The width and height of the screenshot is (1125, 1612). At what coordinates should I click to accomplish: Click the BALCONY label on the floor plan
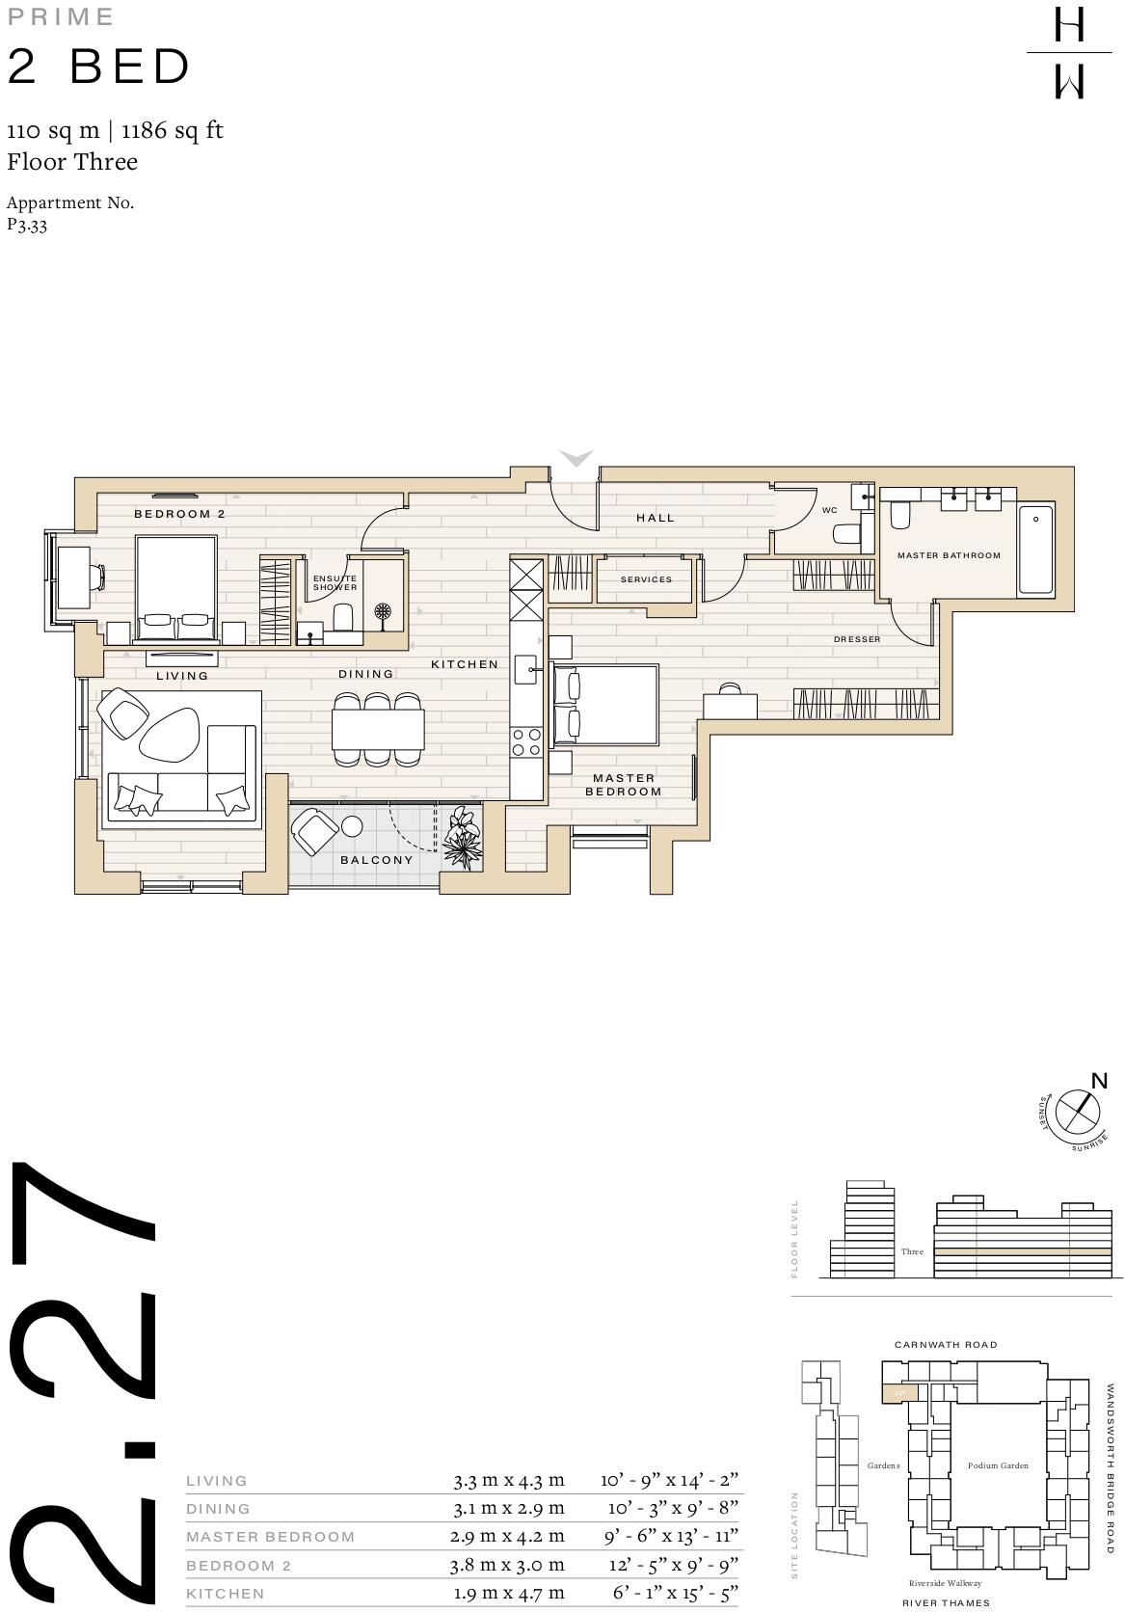point(376,860)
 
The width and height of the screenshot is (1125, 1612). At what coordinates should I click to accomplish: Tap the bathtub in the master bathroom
point(1036,549)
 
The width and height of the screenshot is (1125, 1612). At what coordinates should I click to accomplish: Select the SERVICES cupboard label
point(646,579)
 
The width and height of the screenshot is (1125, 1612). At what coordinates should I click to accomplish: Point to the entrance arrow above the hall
point(576,458)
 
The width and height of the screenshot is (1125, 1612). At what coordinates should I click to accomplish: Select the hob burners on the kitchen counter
point(526,742)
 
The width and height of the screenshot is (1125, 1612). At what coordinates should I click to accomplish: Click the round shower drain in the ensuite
point(384,612)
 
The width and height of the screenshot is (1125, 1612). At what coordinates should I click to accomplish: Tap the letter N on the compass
point(1098,1081)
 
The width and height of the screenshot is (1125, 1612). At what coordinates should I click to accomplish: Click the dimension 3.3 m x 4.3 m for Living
point(509,1480)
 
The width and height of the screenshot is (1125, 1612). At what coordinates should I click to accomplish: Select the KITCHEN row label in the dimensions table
point(225,1594)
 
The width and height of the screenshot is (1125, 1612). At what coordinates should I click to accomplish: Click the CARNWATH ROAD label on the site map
point(946,1344)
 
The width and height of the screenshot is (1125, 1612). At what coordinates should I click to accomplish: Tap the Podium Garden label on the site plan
point(998,1465)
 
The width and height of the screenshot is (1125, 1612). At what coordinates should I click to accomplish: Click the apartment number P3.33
point(27,225)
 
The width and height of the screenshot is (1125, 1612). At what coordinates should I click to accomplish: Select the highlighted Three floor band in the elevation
point(1022,1251)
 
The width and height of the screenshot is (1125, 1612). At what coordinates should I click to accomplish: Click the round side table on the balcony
point(351,827)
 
